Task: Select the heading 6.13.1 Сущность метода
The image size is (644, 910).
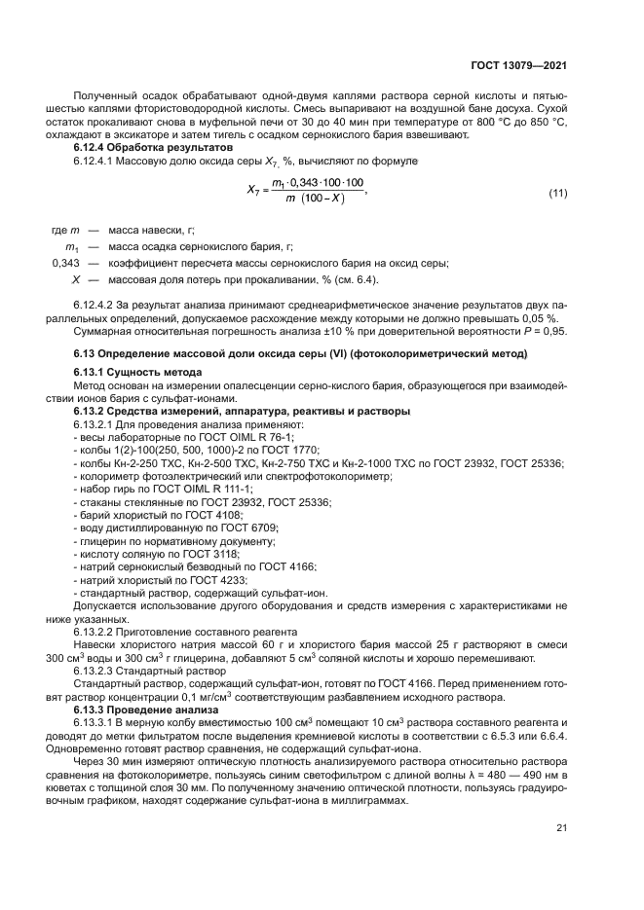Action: click(137, 374)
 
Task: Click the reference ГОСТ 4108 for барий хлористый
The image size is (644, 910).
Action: click(188, 515)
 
